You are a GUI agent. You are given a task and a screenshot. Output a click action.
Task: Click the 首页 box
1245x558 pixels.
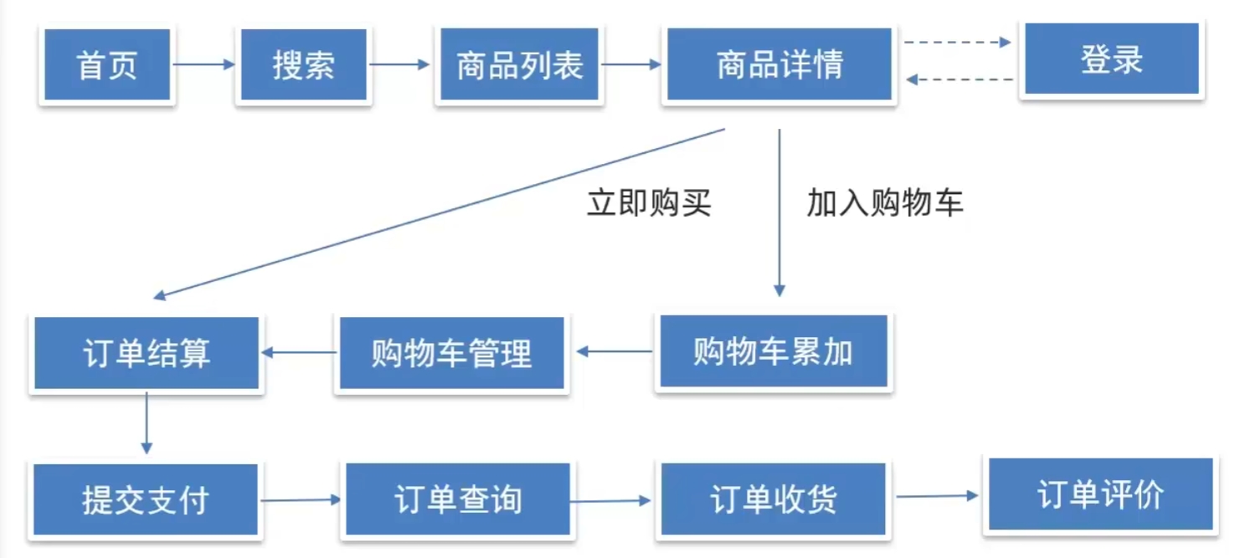point(107,65)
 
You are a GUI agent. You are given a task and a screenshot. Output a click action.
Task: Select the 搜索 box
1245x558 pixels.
point(303,65)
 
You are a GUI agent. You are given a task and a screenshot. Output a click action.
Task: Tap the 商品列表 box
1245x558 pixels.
point(519,65)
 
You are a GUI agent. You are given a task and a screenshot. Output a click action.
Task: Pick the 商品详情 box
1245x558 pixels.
point(779,65)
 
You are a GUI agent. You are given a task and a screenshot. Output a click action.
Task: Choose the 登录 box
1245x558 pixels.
point(1111,59)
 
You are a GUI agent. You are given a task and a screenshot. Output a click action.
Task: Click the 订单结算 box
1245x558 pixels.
point(147,353)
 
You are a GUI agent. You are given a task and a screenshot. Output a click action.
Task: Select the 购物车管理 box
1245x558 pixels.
point(451,353)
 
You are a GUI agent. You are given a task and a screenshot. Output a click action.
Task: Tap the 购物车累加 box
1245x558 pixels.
point(773,352)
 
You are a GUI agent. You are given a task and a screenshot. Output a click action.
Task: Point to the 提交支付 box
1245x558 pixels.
point(146,499)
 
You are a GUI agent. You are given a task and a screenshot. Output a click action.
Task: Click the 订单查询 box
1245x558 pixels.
point(457,499)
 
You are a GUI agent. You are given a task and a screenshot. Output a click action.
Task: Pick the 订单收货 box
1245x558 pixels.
point(772,499)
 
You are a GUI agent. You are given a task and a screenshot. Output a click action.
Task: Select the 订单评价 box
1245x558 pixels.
point(1100,494)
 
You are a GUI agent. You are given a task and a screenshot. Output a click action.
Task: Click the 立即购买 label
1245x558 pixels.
point(649,203)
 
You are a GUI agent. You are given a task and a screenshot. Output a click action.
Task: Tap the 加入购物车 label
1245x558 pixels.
point(885,203)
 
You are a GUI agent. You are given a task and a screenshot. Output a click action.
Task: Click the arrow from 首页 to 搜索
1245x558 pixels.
point(204,64)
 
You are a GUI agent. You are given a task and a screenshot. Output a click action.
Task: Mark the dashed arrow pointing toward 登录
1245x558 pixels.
point(958,42)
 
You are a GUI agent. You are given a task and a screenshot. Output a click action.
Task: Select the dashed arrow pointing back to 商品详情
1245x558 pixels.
point(959,79)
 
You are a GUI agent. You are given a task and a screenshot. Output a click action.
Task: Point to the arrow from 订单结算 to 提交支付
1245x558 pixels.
point(147,423)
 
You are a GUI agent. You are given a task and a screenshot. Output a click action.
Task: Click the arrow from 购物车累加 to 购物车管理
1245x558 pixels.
point(615,352)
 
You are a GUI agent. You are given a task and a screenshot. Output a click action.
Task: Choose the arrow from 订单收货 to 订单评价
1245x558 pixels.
point(936,496)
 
